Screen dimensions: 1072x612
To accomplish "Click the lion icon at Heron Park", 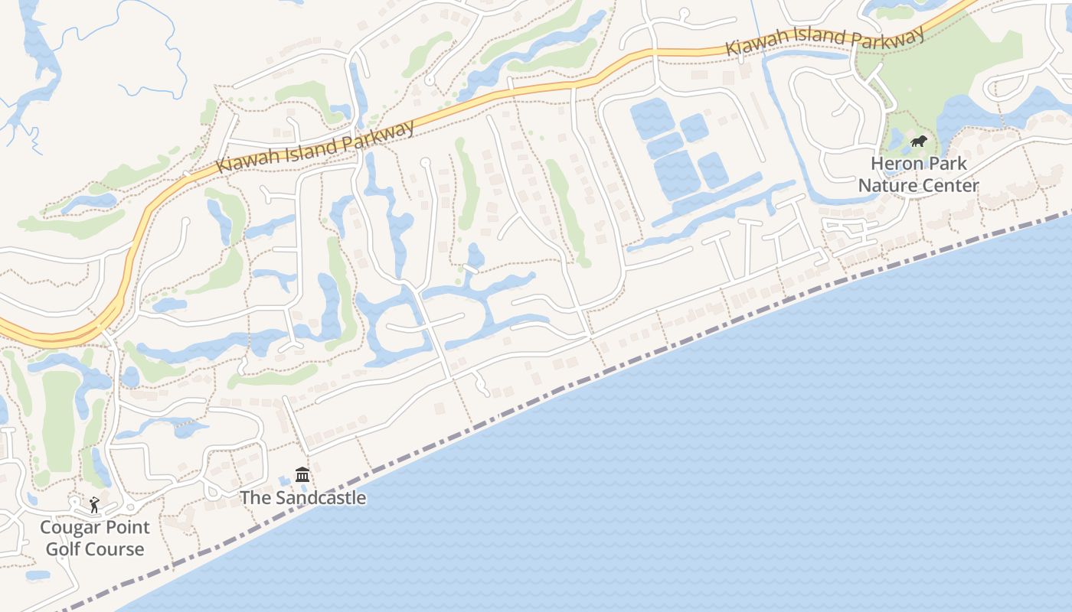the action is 918,141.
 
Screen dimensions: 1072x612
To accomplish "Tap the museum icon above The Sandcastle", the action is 302,475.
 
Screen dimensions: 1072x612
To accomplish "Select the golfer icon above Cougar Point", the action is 94,504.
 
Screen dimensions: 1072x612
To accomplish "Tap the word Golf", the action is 62,549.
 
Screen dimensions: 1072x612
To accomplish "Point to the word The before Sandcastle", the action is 255,498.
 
